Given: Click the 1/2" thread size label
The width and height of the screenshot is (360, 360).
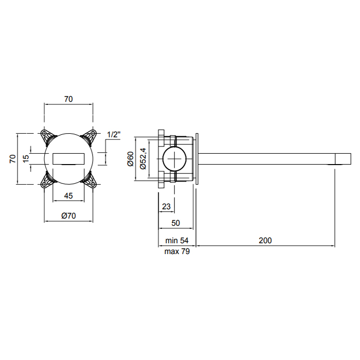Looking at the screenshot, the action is (114, 135).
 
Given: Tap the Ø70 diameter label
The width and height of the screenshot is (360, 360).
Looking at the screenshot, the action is (68, 216).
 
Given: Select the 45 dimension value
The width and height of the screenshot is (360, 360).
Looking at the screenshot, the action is (68, 196).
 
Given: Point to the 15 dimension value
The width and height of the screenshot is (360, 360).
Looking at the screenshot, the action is (26, 158).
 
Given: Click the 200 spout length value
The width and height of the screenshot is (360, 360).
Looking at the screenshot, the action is (265, 240).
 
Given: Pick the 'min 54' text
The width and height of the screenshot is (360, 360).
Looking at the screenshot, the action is (177, 240).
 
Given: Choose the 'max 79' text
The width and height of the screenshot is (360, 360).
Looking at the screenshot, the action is (177, 251).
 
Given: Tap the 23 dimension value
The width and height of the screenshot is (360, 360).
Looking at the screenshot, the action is (166, 207).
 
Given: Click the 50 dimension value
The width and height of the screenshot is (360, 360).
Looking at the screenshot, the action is (176, 223).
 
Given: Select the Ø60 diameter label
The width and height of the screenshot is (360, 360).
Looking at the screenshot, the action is (130, 159).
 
